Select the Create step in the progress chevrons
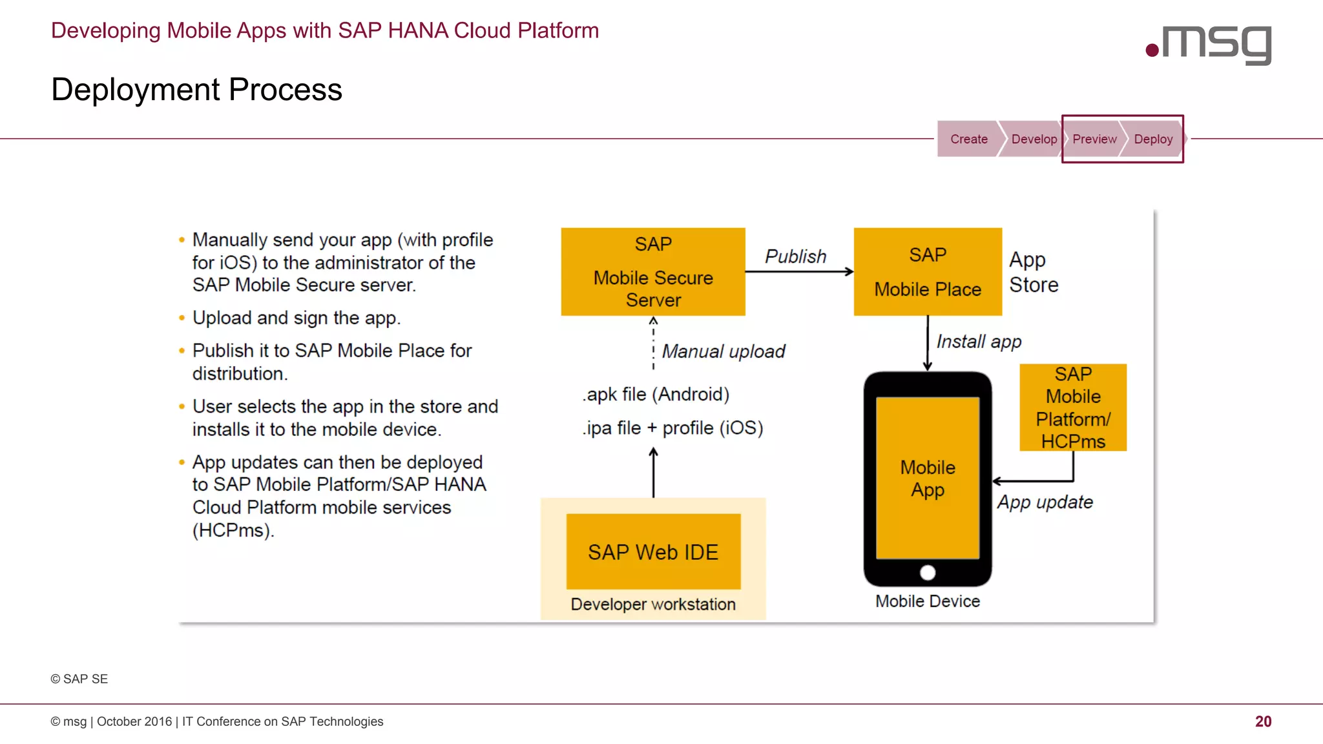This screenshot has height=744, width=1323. tap(968, 139)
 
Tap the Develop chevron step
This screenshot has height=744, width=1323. tap(1034, 139)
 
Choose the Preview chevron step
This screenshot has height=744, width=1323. tap(1094, 139)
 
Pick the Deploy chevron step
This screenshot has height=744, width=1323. tap(1153, 139)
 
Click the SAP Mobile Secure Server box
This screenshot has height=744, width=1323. tap(653, 272)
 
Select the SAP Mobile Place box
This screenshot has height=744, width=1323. tap(928, 272)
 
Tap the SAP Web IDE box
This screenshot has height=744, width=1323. tap(653, 552)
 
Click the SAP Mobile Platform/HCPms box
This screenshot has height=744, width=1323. tap(1073, 408)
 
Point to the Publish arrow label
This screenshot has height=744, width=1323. tap(795, 256)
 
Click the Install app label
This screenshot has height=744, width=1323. tap(979, 342)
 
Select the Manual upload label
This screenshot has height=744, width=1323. tap(724, 351)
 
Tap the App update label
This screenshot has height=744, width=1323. tap(1045, 502)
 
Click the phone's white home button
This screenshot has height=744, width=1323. tap(928, 573)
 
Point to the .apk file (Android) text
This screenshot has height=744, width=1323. tap(656, 395)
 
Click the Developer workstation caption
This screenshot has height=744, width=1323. tap(653, 604)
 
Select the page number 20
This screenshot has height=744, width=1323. tap(1263, 721)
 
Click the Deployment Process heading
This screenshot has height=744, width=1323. tap(196, 90)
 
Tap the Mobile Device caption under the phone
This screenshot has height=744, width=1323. tap(928, 601)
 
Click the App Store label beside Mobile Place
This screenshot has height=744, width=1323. tap(1034, 272)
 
